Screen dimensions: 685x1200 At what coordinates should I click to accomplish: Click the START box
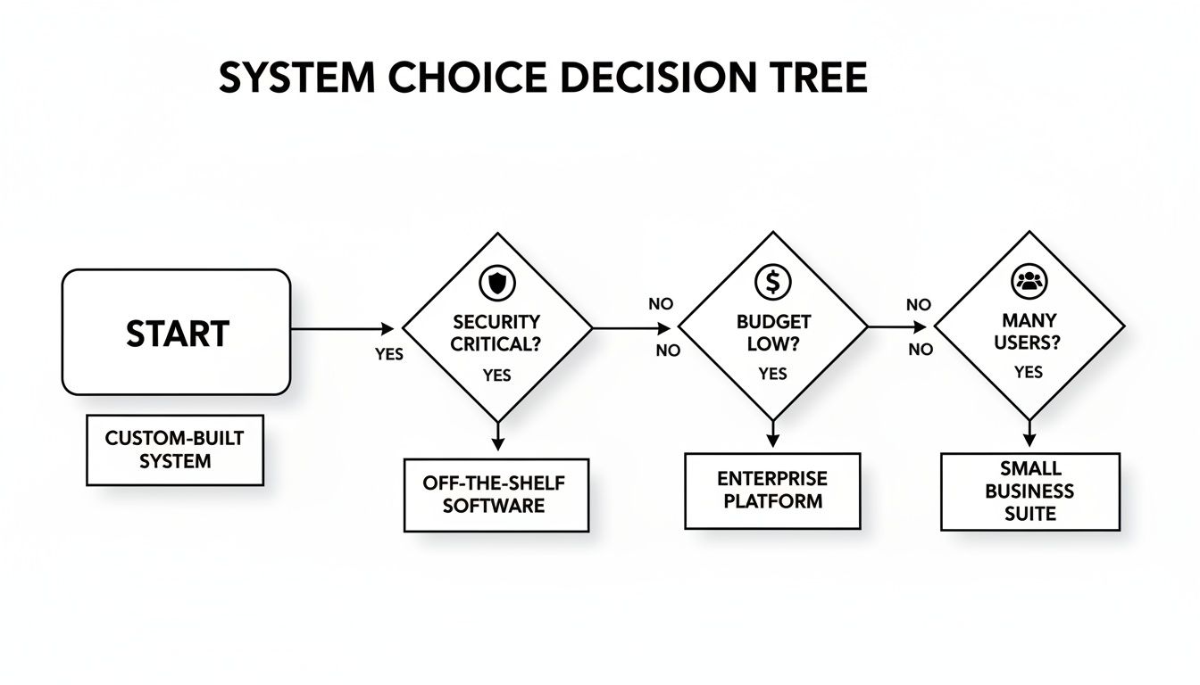[x=176, y=333]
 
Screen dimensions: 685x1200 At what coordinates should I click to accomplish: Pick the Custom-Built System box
[x=174, y=450]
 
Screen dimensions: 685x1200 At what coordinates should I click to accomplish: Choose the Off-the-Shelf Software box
[x=496, y=494]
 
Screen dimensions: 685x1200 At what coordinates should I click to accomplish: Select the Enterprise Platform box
[x=772, y=491]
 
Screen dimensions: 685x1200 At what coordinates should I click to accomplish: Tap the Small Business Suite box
[x=1029, y=491]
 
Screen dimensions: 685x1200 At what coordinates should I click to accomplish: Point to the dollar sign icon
[x=772, y=282]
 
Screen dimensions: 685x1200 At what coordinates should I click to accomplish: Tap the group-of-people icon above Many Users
[x=1029, y=282]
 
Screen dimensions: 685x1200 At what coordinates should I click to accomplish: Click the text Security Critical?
[x=496, y=333]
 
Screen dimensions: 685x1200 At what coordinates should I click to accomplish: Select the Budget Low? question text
[x=772, y=333]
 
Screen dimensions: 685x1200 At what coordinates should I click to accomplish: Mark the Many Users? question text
[x=1029, y=331]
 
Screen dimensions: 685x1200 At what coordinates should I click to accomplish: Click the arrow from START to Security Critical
[x=344, y=329]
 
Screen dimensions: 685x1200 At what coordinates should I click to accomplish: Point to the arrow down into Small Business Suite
[x=1029, y=433]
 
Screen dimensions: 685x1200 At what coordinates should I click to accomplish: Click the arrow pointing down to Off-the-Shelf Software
[x=497, y=437]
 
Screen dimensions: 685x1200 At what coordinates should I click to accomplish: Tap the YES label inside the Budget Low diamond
[x=772, y=375]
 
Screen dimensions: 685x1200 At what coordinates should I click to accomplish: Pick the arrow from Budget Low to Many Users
[x=897, y=327]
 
